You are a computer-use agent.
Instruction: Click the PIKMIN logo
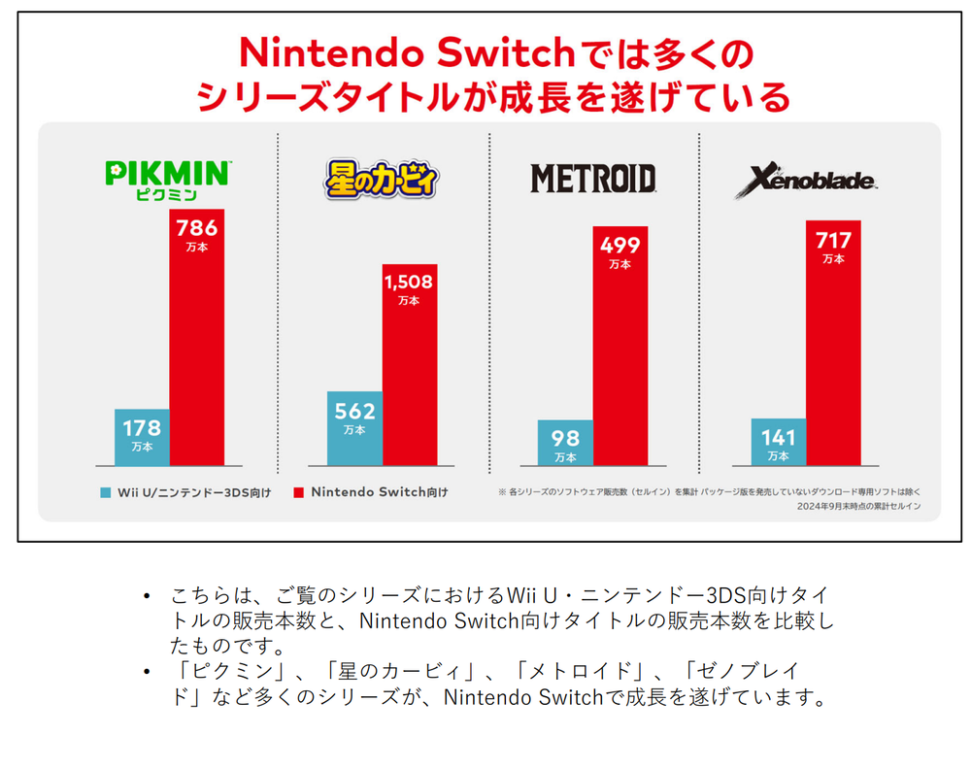click(x=167, y=180)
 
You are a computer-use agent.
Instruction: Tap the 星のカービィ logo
click(x=382, y=180)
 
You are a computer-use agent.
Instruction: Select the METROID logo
click(x=592, y=178)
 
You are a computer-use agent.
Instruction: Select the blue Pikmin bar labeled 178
click(x=142, y=437)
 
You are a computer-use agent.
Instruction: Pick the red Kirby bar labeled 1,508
click(x=409, y=364)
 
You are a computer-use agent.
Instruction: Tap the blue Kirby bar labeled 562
click(x=354, y=428)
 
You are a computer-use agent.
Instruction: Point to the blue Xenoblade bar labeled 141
click(x=778, y=442)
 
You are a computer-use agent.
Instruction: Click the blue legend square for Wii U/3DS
click(x=106, y=492)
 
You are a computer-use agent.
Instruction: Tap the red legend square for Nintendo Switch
click(x=297, y=492)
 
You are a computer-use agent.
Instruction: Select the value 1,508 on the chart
click(x=409, y=283)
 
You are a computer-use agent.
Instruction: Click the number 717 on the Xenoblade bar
click(x=833, y=240)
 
